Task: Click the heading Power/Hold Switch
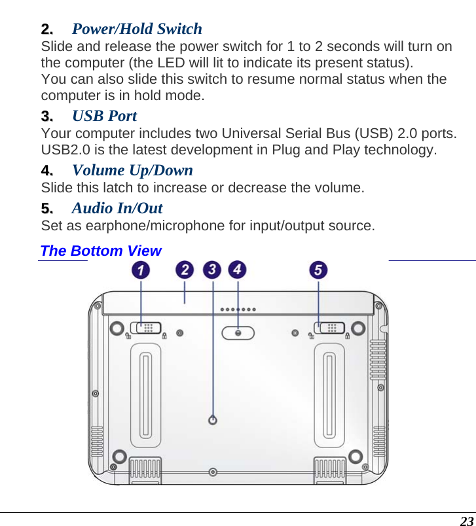(x=136, y=29)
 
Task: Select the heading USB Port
(x=104, y=116)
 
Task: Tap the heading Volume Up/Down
(x=132, y=170)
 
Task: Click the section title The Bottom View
(x=100, y=251)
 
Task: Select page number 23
(x=466, y=521)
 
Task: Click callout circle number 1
(x=140, y=270)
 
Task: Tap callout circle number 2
(x=185, y=270)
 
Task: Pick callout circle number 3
(x=212, y=270)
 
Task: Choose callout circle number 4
(x=237, y=270)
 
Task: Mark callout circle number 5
(x=318, y=270)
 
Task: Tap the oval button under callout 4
(x=238, y=333)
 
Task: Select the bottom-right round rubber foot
(x=355, y=456)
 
